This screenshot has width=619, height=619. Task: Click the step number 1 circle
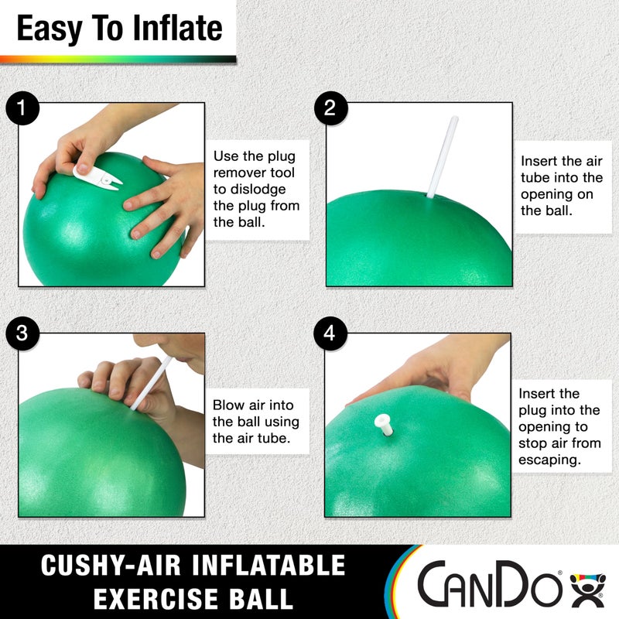point(23,108)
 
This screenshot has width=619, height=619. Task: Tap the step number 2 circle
point(330,108)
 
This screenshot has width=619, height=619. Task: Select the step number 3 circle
point(23,333)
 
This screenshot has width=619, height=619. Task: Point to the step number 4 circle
point(330,333)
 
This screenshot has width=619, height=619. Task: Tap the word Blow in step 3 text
point(229,405)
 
